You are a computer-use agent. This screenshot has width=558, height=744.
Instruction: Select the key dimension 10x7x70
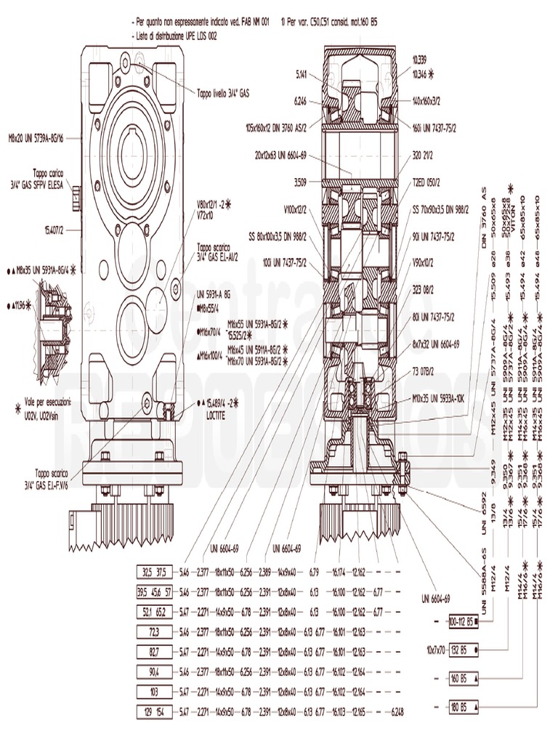pyautogui.click(x=435, y=648)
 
